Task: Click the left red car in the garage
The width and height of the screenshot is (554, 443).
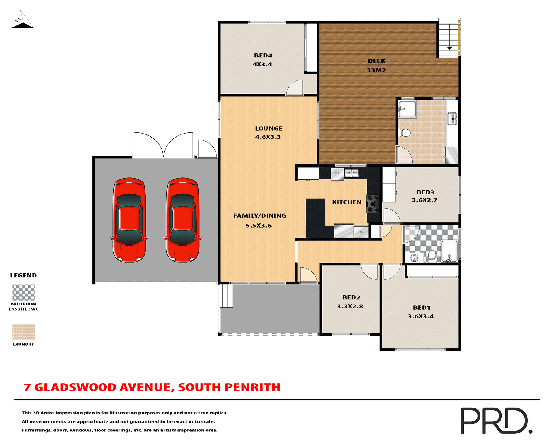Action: coord(129,220)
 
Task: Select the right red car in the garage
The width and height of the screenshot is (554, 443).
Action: coord(182,220)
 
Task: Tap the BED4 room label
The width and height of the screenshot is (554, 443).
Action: coord(263,55)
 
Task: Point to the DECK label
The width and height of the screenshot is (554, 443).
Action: coord(377,61)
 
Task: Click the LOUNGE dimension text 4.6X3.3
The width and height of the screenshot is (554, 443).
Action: coord(268,137)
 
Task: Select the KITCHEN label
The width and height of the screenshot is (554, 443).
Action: coord(347,202)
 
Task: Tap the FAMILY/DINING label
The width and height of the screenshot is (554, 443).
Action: coord(260,216)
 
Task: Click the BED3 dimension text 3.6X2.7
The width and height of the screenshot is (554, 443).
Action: coord(424,200)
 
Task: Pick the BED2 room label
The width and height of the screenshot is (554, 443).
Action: coord(351,297)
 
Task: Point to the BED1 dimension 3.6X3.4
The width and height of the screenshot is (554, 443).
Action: coord(421,316)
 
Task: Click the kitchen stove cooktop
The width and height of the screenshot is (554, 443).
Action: coord(373,204)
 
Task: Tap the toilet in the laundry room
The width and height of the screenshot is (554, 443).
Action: coord(405,133)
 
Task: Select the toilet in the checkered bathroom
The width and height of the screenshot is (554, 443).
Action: coord(432,256)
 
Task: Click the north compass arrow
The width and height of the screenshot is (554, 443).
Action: coord(23,20)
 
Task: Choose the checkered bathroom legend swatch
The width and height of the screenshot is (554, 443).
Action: coord(24,292)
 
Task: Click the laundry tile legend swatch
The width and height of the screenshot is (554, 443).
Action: coord(24,332)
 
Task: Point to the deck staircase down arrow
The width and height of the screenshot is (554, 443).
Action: coord(449,48)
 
